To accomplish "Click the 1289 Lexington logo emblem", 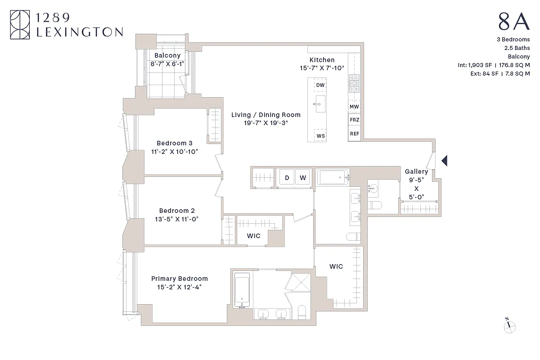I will click(x=20, y=26).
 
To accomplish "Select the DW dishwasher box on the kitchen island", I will click(x=320, y=85).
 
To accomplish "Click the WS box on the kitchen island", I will click(x=320, y=135).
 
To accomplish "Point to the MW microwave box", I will click(x=354, y=107).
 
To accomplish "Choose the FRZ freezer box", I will click(x=354, y=121).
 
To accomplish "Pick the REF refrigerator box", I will click(x=354, y=134).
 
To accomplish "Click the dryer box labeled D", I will click(x=287, y=178).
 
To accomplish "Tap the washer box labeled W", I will click(x=303, y=178).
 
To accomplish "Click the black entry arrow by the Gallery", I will click(x=444, y=160).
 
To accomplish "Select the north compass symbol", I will click(x=509, y=326).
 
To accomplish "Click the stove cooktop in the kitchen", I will click(x=353, y=83).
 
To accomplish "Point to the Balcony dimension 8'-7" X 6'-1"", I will click(x=167, y=64).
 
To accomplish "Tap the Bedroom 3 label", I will click(x=175, y=143).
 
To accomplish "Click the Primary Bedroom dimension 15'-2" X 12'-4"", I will click(x=179, y=287).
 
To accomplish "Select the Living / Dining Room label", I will click(x=266, y=115).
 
